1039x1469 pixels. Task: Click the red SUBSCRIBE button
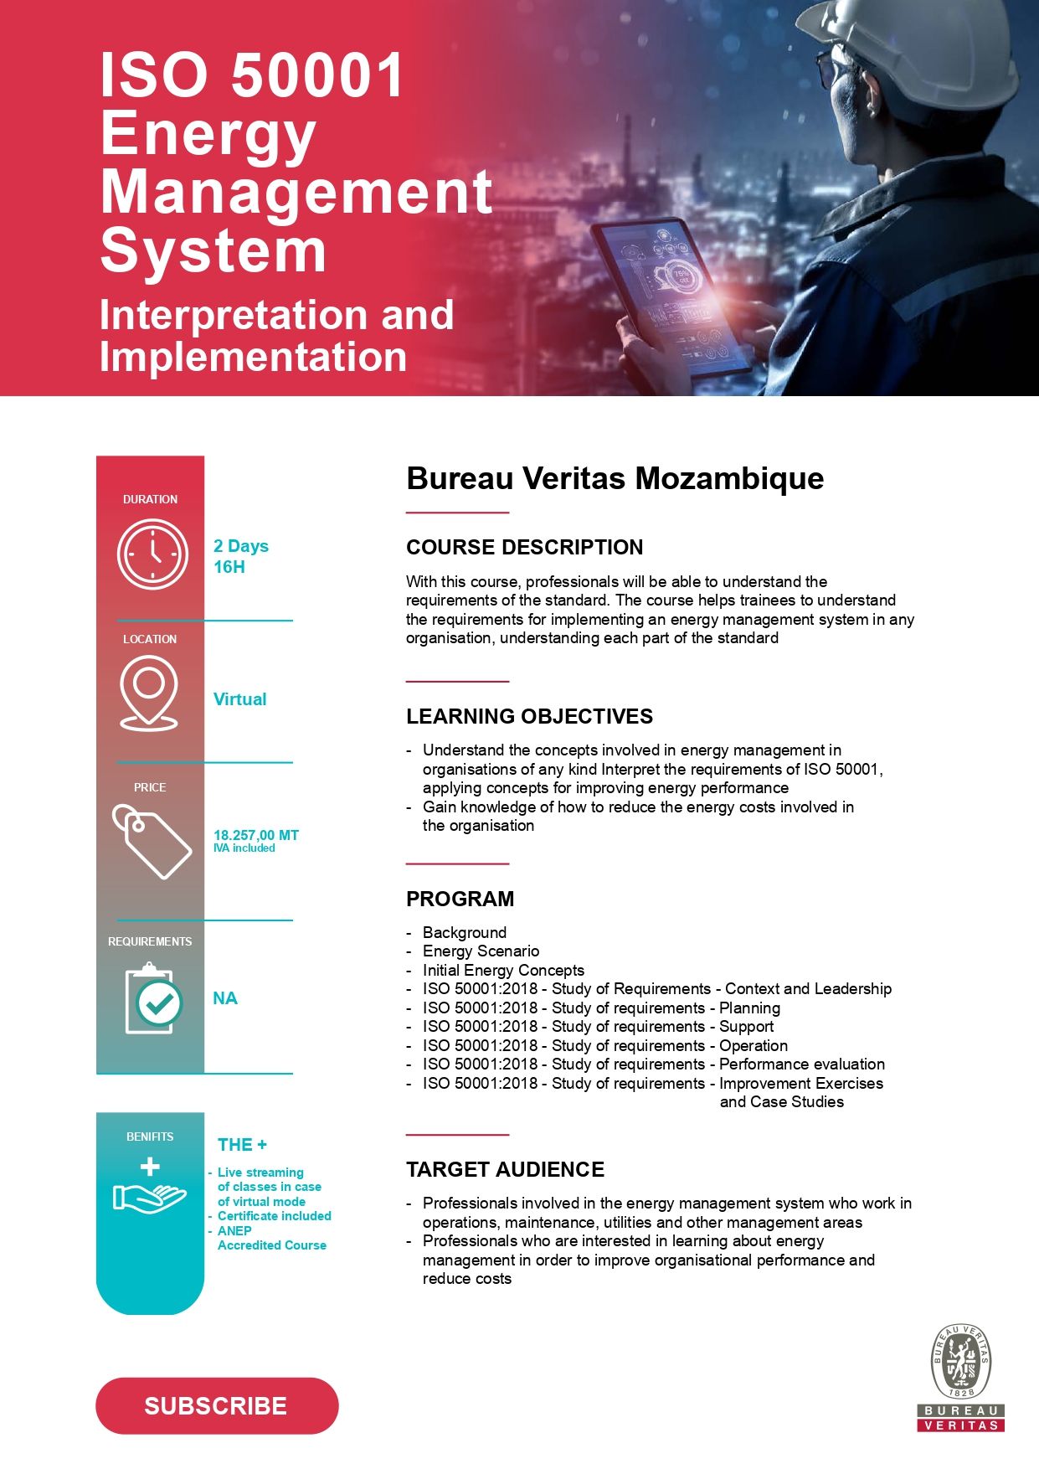[x=217, y=1405]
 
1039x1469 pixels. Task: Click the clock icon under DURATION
[x=152, y=554]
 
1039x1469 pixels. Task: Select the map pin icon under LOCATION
[x=149, y=693]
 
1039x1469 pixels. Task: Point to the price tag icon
[x=152, y=842]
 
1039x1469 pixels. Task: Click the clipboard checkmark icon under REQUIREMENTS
[x=152, y=998]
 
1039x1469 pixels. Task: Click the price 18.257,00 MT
[x=255, y=835]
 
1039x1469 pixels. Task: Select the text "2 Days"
[x=241, y=546]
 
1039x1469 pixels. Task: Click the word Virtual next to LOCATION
[x=239, y=699]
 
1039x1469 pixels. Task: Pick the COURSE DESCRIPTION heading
[x=524, y=547]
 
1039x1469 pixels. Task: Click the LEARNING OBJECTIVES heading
[x=529, y=716]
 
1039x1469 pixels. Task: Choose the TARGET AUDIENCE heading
[x=505, y=1169]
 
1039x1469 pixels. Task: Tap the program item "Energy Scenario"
[x=481, y=951]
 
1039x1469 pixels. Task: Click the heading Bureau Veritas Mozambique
[x=615, y=478]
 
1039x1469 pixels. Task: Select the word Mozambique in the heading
[x=729, y=478]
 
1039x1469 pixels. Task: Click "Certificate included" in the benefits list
[x=274, y=1216]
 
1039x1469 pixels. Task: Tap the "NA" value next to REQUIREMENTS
[x=224, y=998]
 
